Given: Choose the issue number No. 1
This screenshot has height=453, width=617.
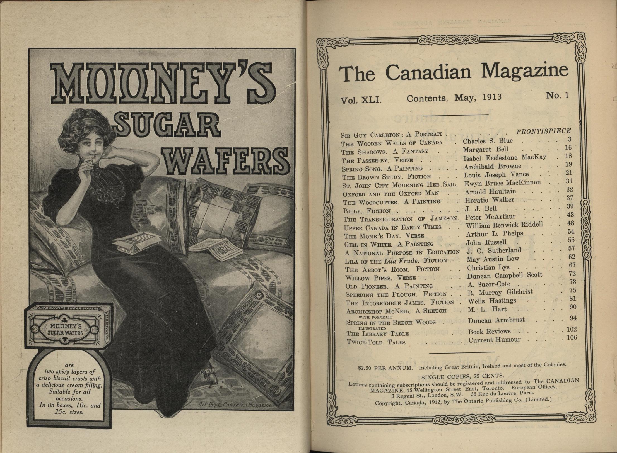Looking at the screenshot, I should pyautogui.click(x=557, y=96).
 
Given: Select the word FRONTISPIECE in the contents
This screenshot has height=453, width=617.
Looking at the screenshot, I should pyautogui.click(x=543, y=131).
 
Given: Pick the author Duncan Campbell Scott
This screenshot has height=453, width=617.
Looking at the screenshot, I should pyautogui.click(x=505, y=276).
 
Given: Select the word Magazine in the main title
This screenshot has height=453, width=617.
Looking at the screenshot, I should pyautogui.click(x=525, y=71).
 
